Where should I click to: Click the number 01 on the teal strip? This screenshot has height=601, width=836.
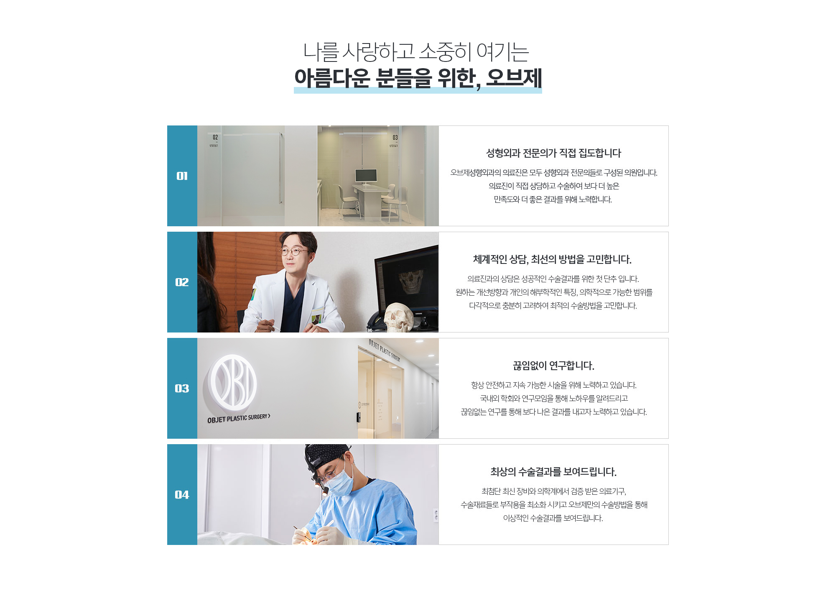coord(182,176)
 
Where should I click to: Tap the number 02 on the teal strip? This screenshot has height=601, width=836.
coord(182,282)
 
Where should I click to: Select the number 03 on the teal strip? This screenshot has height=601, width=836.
coord(182,389)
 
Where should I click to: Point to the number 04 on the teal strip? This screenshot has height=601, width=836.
coord(182,495)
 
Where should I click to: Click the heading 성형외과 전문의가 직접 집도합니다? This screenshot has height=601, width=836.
coord(553,153)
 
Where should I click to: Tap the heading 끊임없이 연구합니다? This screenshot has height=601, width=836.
coord(553,366)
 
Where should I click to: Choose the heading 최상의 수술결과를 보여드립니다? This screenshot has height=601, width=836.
coord(553,472)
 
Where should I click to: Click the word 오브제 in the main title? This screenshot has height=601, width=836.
coord(514,78)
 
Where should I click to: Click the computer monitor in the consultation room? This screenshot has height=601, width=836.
coord(366,176)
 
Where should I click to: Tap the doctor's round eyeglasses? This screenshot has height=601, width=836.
coord(295,251)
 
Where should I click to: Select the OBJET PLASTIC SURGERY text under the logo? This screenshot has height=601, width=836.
coord(239,418)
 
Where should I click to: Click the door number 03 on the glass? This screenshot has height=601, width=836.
coord(395,138)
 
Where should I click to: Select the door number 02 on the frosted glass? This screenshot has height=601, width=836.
coord(215,137)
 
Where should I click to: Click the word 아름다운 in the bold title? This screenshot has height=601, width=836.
coord(332,78)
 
